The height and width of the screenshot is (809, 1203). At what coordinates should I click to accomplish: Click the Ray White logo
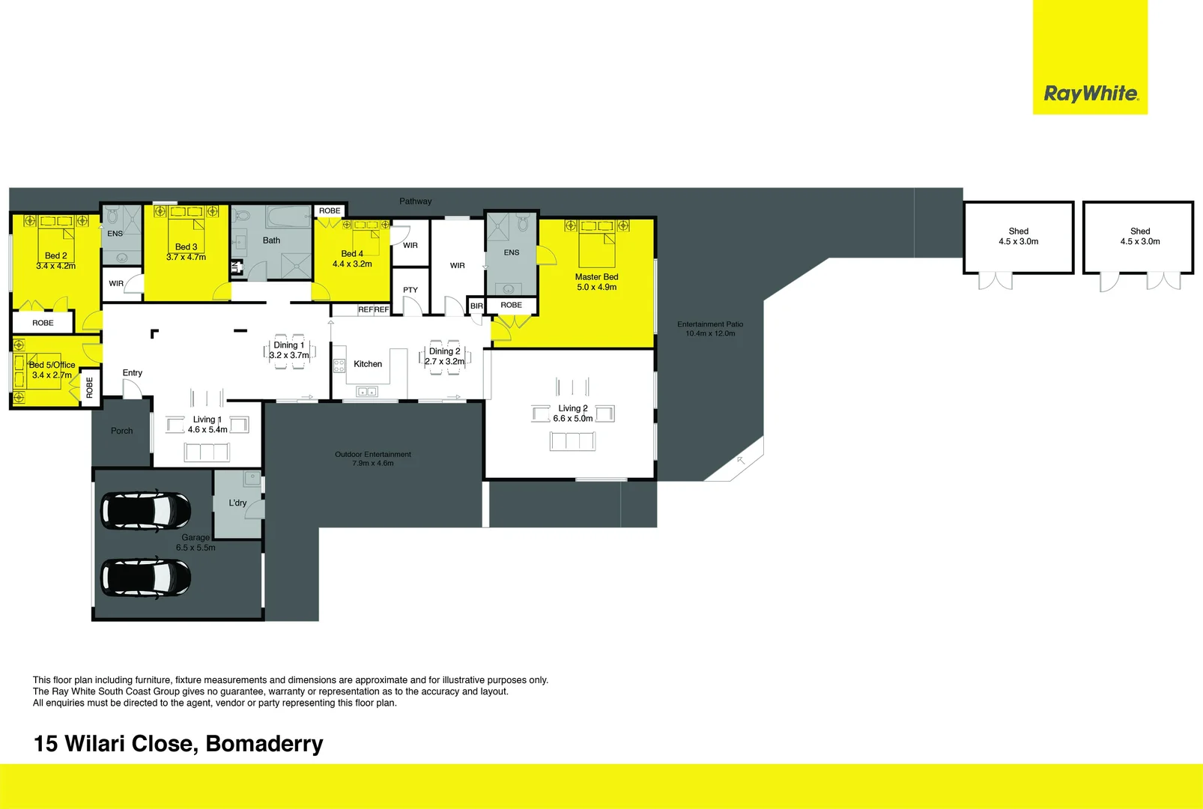[x=1091, y=94]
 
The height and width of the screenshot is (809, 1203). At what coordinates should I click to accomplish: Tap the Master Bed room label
[x=596, y=277]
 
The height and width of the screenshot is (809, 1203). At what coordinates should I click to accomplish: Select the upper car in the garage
[x=146, y=509]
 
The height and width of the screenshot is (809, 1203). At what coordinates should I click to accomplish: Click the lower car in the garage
[x=146, y=578]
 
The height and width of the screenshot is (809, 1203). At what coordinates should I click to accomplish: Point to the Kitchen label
[x=368, y=364]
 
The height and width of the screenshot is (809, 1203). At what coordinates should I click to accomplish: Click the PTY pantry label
[x=410, y=290]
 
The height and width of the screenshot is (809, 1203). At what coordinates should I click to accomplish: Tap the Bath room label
[x=271, y=240]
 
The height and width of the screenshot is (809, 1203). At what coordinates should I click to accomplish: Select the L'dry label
[x=237, y=503]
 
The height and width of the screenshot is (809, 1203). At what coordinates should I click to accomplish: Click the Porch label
[x=121, y=431]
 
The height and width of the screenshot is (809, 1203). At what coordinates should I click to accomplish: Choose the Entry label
[x=133, y=372]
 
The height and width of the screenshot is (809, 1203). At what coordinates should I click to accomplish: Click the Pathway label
[x=415, y=201]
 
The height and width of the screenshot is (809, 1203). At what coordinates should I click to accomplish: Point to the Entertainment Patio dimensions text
[x=710, y=333]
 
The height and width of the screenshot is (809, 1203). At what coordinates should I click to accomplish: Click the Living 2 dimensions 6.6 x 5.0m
[x=573, y=419]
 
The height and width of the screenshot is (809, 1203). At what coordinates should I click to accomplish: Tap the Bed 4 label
[x=352, y=254]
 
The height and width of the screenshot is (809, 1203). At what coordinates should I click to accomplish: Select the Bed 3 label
[x=186, y=246]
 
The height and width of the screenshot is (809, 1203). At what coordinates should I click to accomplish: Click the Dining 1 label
[x=288, y=345]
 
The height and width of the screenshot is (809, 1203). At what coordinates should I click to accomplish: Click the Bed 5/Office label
[x=52, y=365]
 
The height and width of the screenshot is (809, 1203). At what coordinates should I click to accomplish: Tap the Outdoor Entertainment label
[x=373, y=454]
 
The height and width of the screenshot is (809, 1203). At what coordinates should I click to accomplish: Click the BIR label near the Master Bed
[x=476, y=306]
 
